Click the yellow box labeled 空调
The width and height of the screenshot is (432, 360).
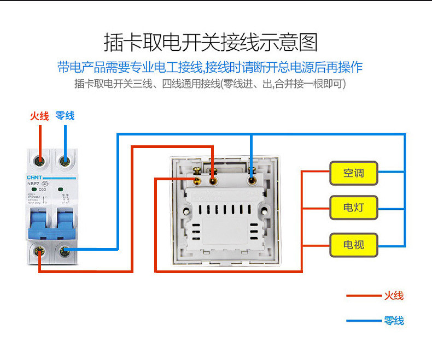pos(353,173)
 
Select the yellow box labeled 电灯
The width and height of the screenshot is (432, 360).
pos(353,207)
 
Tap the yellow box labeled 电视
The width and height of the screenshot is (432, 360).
pos(353,244)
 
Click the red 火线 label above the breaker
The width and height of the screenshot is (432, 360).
pos(39,116)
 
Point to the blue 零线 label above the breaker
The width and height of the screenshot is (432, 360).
pos(65,116)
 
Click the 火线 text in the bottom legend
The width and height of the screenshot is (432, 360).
pos(394,296)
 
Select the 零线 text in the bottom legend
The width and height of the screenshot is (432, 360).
pos(394,320)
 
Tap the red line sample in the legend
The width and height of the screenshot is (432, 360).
pos(364,296)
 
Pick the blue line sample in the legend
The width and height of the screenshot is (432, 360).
pos(364,321)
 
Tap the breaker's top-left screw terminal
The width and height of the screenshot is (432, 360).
pos(39,161)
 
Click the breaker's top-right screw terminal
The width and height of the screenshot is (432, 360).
pos(65,161)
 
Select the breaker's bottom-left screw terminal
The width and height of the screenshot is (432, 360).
pos(39,251)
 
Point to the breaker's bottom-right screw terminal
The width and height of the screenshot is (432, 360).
pos(65,251)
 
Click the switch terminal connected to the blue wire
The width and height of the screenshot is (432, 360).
pos(252,179)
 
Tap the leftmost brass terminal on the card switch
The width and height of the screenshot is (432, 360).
pos(196,179)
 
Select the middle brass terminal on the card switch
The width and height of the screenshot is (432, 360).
pos(213,179)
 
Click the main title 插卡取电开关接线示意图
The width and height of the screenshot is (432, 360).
pos(211,42)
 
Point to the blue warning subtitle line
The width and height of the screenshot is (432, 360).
pos(211,67)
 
